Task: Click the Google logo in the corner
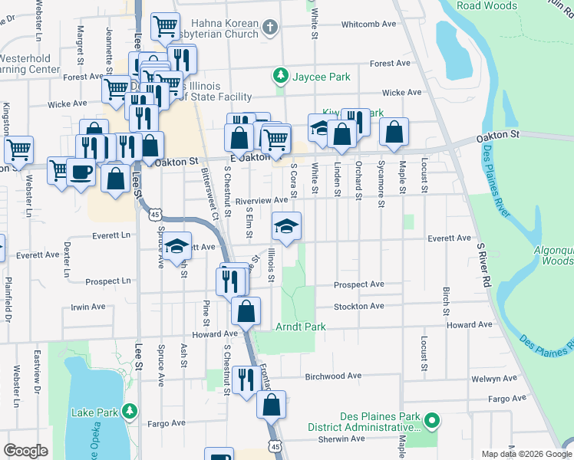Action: point(26,451)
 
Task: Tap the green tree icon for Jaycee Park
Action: point(281,76)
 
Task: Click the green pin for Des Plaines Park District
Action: point(432,420)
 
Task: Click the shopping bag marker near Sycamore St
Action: point(394,132)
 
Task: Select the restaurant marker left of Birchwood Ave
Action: point(246,379)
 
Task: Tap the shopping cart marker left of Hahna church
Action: point(165,27)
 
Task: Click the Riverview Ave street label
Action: point(261,200)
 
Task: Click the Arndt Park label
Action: point(301,327)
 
